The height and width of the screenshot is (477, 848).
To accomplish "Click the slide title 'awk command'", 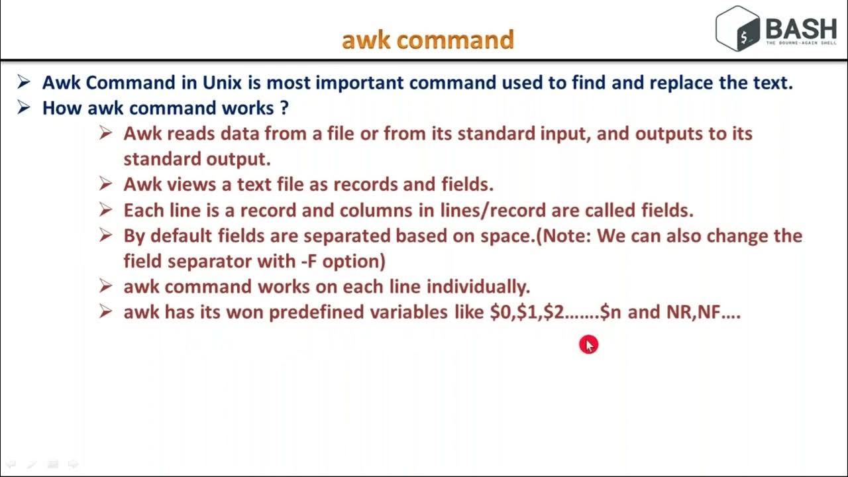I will [x=427, y=40].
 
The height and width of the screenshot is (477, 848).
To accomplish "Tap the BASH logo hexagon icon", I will [x=738, y=28].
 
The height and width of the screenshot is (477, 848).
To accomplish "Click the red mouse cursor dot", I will [x=588, y=344].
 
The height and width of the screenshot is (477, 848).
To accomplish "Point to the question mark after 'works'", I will [x=284, y=108].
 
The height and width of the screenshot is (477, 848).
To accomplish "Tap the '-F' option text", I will [x=307, y=261].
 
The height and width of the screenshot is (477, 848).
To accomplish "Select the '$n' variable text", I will [x=610, y=312].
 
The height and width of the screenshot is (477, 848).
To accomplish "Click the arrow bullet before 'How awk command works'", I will [x=24, y=107].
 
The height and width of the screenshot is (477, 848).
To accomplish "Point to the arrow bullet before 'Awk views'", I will [x=105, y=184].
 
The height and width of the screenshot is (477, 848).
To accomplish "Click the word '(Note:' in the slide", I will [x=562, y=236].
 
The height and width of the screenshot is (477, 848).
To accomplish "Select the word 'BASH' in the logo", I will [x=801, y=28].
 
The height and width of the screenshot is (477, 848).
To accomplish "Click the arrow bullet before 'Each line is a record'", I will [x=105, y=209].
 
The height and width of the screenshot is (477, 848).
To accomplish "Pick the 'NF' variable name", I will [x=708, y=312].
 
